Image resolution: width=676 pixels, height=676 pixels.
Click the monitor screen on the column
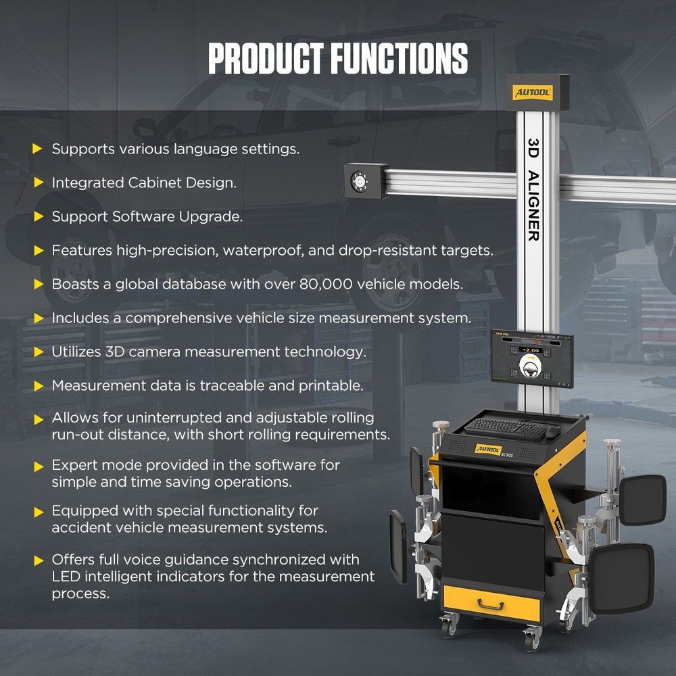[x=532, y=358]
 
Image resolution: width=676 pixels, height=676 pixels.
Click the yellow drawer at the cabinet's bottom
[x=491, y=603]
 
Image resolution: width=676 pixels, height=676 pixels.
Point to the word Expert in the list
[x=72, y=465]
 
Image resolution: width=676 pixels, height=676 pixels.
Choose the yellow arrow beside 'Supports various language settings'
[x=38, y=149]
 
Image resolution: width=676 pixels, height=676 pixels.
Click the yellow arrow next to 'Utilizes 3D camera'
[x=38, y=352]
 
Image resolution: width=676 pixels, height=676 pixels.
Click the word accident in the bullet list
[x=80, y=527]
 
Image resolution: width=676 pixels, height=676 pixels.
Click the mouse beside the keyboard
[x=553, y=431]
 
